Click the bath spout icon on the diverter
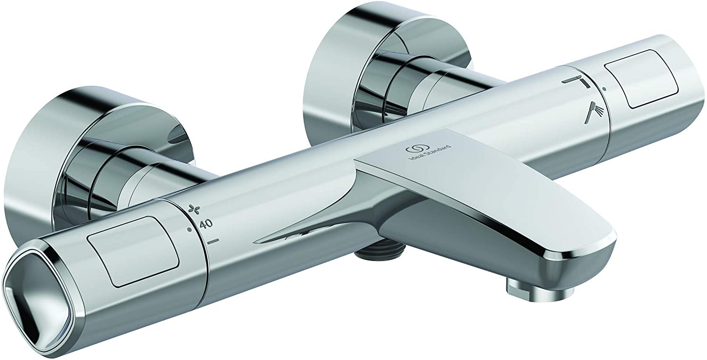click(576, 82)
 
